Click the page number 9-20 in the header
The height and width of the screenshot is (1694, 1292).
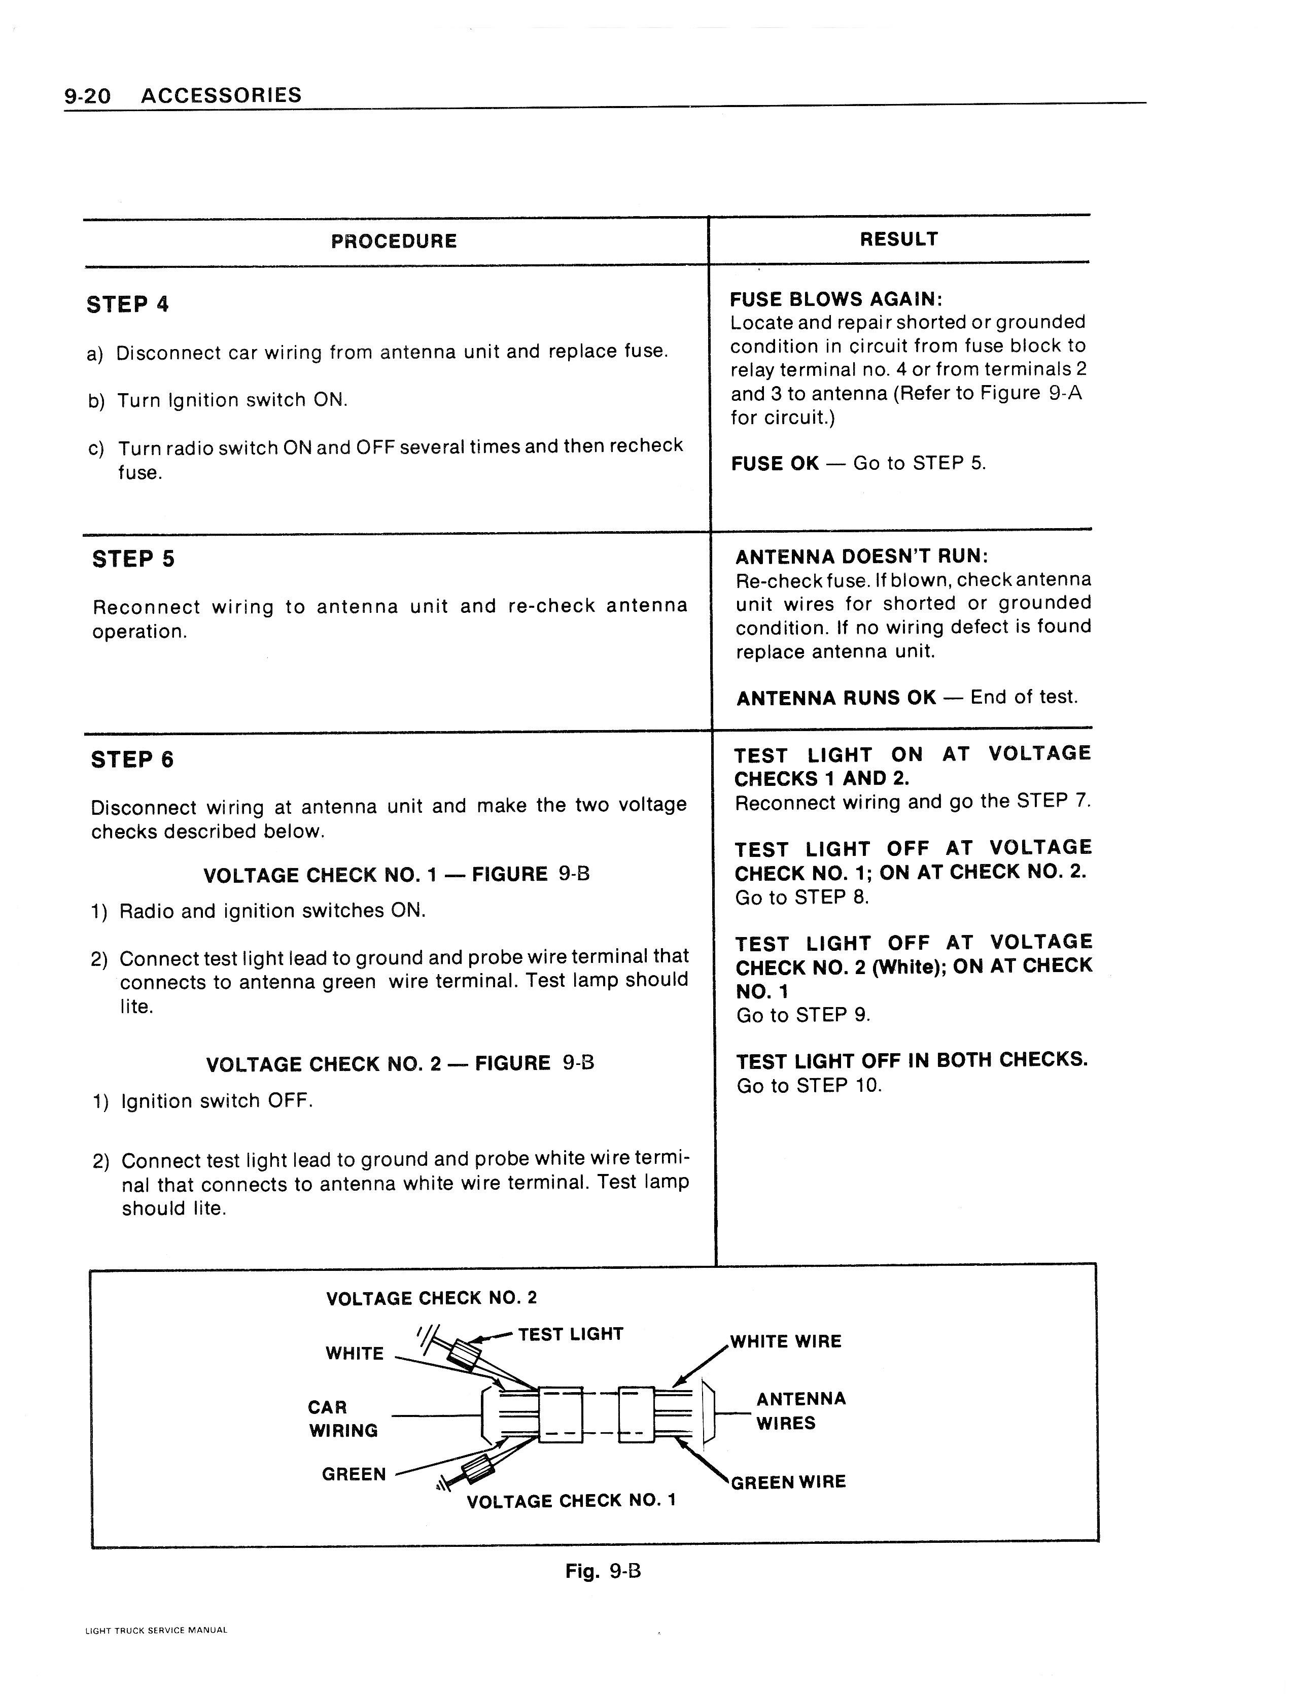88,96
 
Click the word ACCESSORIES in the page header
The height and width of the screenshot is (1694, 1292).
222,95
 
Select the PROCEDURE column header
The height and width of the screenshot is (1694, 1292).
394,241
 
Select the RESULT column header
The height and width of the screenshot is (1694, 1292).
898,239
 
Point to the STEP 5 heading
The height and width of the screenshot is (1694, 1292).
133,559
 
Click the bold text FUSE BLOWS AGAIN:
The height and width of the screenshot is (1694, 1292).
836,299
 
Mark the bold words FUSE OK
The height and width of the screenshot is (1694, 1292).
775,464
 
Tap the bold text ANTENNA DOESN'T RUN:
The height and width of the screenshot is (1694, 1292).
861,556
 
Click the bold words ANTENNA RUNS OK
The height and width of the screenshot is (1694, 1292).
836,698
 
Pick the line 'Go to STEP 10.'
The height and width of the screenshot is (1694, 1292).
809,1086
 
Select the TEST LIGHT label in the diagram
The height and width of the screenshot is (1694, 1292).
570,1334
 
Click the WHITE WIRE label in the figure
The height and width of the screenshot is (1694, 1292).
785,1342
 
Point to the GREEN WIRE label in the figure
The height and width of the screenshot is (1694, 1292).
788,1482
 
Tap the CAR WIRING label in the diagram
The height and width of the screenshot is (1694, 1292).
342,1419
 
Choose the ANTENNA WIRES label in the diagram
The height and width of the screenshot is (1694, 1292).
800,1410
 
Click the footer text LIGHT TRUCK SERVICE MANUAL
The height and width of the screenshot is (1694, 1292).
156,1630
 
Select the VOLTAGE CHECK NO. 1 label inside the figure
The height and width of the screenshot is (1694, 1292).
571,1501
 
